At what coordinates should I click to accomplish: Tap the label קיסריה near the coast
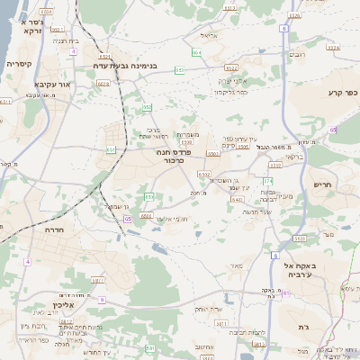point(19,65)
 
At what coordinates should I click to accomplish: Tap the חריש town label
point(323,185)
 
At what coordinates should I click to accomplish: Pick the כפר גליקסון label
point(231,92)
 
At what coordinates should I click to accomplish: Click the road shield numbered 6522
point(230,67)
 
